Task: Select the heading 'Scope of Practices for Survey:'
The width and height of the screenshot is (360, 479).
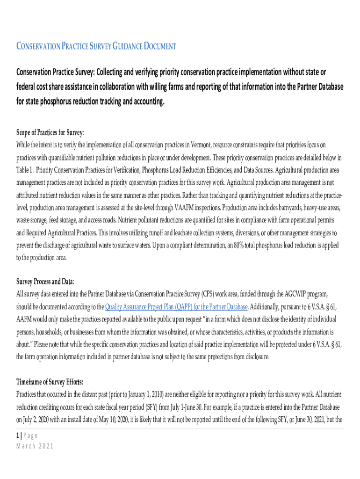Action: tap(50, 132)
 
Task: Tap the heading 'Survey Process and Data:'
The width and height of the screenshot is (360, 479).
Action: tap(45, 282)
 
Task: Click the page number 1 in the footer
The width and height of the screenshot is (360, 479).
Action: tap(18, 435)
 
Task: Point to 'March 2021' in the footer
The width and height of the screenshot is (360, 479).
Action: tap(35, 446)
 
